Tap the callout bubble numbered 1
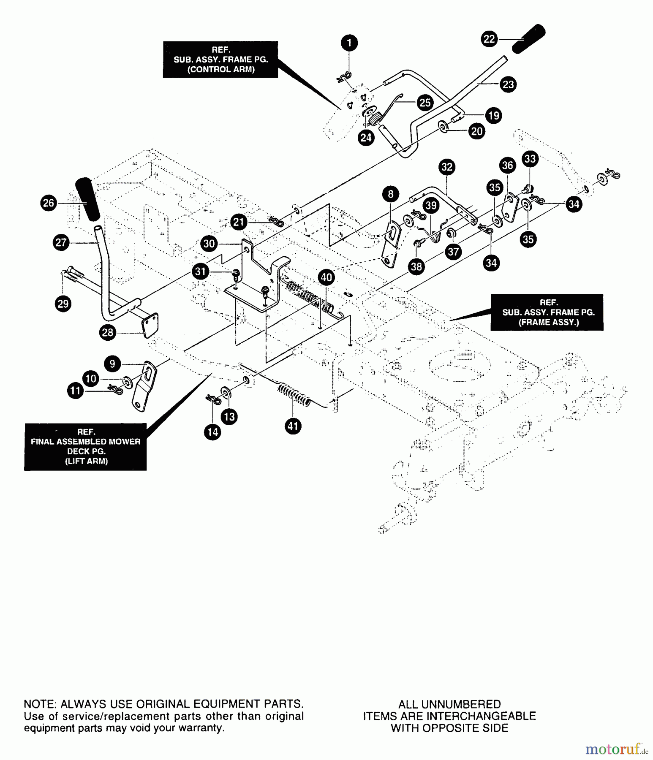[x=349, y=43]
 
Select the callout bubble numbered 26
[x=49, y=203]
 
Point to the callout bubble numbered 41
[x=293, y=426]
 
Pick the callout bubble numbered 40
[x=326, y=277]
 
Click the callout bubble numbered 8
[x=391, y=194]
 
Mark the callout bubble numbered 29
[x=63, y=304]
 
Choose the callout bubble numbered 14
[x=212, y=432]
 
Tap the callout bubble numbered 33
[x=530, y=159]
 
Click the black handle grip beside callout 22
[x=529, y=38]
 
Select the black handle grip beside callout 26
[x=87, y=199]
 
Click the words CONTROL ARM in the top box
[x=221, y=70]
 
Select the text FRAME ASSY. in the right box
[x=548, y=322]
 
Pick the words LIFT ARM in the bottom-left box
[x=86, y=461]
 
